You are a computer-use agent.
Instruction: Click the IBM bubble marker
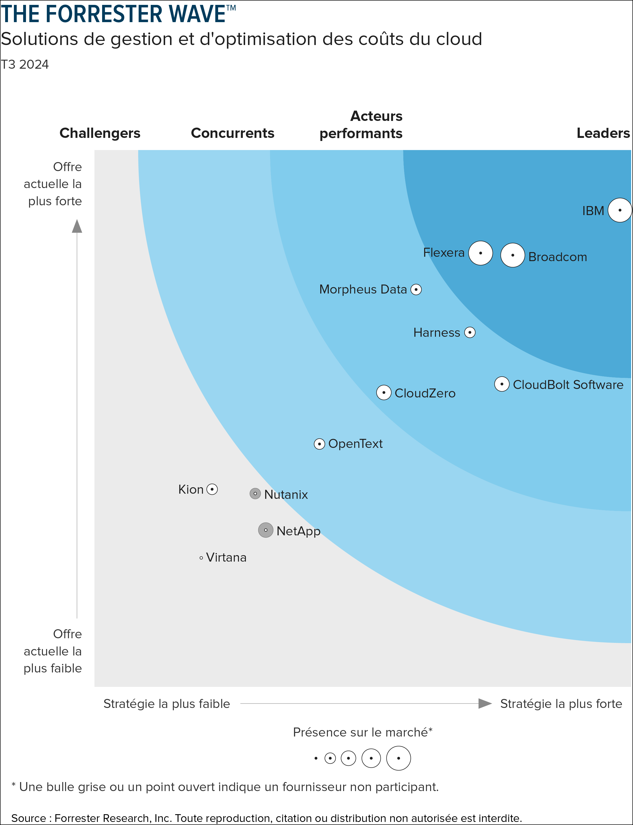[619, 210]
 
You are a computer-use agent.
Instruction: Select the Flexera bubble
[480, 253]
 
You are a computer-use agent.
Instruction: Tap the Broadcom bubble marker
[512, 255]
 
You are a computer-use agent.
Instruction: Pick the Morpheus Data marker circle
[416, 289]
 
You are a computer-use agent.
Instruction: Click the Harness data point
[469, 332]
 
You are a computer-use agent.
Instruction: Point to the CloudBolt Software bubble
[502, 384]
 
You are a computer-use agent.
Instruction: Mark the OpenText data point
[319, 444]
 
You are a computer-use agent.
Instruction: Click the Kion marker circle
[212, 489]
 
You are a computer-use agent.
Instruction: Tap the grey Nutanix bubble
[255, 493]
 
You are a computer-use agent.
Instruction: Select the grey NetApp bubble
[266, 530]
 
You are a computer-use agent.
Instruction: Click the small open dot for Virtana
[201, 558]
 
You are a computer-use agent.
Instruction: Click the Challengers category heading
[100, 133]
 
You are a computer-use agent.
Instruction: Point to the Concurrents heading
[233, 133]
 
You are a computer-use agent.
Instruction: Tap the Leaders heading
[603, 133]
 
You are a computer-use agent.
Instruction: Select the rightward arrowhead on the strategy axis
[485, 703]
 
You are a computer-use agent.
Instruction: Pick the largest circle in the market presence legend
[398, 758]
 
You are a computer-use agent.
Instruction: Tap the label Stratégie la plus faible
[166, 704]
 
